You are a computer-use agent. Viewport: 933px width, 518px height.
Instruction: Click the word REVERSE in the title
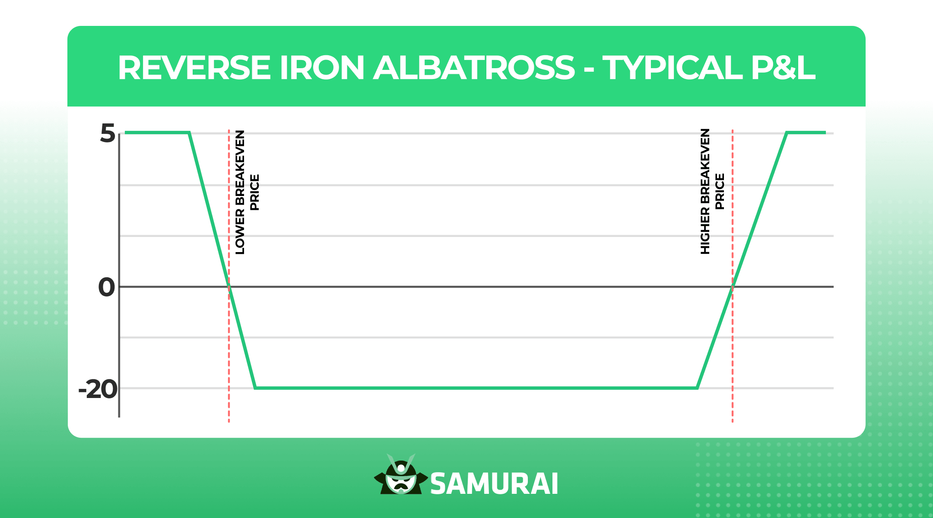point(194,68)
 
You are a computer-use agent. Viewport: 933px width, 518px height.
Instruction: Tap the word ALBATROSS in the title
point(474,68)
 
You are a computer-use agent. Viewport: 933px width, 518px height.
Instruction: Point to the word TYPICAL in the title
point(672,68)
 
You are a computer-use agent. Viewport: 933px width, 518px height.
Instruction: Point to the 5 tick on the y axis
point(108,133)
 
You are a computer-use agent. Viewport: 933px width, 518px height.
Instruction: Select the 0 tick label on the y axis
point(107,287)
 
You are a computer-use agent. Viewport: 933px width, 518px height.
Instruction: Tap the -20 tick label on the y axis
point(98,389)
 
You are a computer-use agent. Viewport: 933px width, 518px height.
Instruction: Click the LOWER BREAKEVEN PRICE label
point(247,192)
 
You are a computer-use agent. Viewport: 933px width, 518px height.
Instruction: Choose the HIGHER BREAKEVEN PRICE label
point(712,191)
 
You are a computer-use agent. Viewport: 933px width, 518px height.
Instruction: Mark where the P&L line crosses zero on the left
point(229,287)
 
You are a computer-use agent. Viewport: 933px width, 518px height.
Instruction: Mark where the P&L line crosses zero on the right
point(733,287)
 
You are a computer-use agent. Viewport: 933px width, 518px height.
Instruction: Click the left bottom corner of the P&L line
point(255,388)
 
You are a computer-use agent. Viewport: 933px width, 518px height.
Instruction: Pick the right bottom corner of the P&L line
point(697,388)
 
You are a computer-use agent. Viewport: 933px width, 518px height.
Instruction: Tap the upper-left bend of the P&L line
point(189,133)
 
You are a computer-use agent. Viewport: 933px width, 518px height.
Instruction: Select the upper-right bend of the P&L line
point(787,133)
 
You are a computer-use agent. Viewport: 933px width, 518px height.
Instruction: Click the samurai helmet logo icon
point(401,475)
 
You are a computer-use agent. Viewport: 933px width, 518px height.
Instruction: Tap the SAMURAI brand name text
point(494,484)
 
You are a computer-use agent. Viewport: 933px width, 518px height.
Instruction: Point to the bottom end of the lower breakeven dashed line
point(229,421)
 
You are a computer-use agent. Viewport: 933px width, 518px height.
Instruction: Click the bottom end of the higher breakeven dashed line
point(733,421)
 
